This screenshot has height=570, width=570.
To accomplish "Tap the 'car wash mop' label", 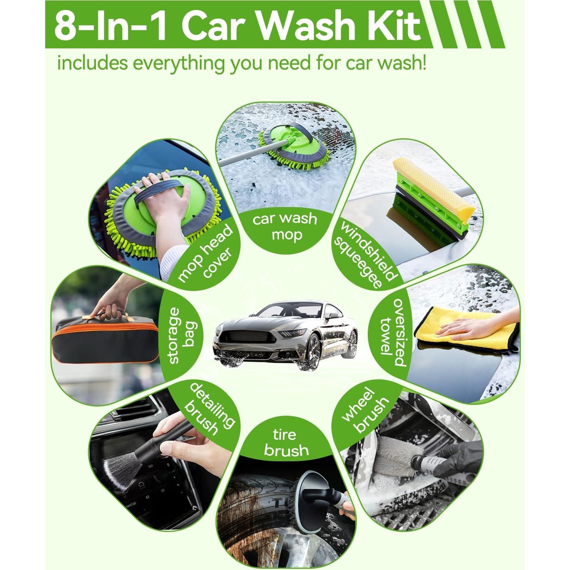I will pos(285,226).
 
